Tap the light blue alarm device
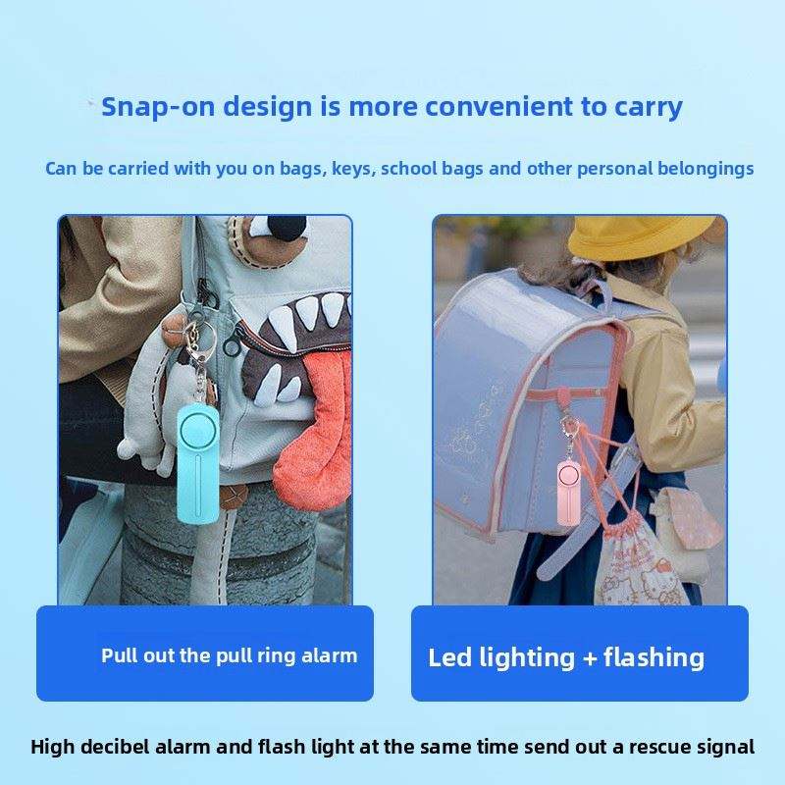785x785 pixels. point(198,464)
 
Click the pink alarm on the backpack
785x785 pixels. point(569,494)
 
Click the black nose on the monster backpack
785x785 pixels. point(287,230)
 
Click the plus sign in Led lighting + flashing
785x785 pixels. point(590,657)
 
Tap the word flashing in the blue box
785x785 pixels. point(654,657)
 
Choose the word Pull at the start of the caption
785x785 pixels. point(119,655)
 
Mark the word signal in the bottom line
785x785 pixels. point(727,747)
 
